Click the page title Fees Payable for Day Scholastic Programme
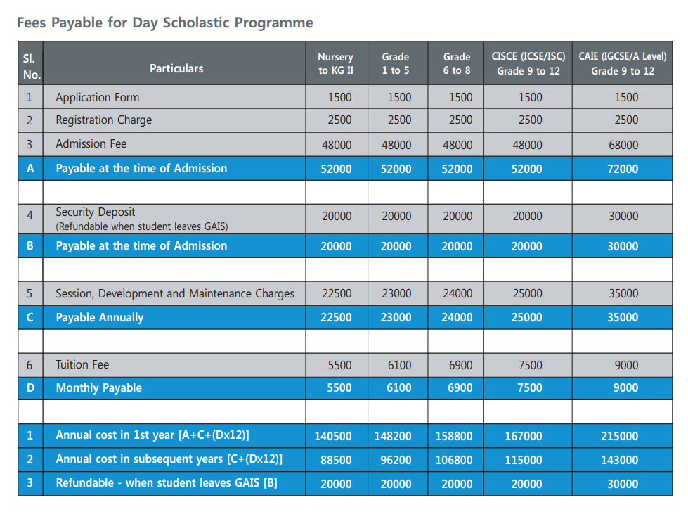click(x=164, y=23)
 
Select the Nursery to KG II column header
click(x=336, y=63)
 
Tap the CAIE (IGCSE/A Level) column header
click(x=622, y=63)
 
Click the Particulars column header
click(x=176, y=68)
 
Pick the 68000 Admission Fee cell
click(x=623, y=145)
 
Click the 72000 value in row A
click(x=623, y=169)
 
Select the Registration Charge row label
click(x=103, y=120)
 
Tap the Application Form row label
click(x=97, y=97)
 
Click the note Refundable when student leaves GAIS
click(x=141, y=226)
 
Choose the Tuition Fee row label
click(x=82, y=364)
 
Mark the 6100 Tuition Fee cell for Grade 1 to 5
click(x=398, y=365)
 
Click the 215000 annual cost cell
click(x=623, y=436)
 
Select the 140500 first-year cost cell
click(x=333, y=436)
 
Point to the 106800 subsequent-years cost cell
click(x=454, y=460)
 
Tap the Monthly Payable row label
click(x=98, y=388)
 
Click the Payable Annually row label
click(x=99, y=318)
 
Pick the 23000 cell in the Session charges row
click(x=396, y=294)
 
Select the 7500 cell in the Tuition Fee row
click(x=530, y=365)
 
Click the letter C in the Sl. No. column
click(x=30, y=318)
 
